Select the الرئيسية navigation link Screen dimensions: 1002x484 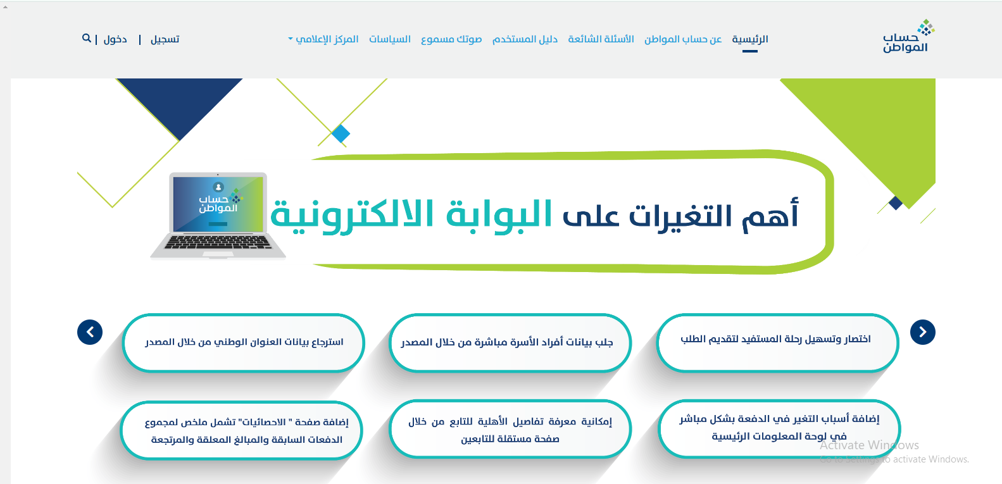[750, 39]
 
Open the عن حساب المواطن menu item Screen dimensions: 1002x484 [683, 39]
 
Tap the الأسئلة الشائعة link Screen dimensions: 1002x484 [601, 39]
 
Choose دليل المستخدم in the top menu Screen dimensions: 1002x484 [525, 39]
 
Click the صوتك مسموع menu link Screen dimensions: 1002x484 [451, 39]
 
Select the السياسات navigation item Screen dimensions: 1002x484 [390, 39]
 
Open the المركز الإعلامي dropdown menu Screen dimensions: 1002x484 [323, 39]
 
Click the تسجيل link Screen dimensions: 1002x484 [165, 39]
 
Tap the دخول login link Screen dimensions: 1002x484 [115, 39]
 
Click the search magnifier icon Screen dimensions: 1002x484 [86, 39]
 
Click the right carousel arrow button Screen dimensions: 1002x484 [922, 332]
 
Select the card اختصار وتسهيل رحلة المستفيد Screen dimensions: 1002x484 [777, 343]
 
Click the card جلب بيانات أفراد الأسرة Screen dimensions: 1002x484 [510, 343]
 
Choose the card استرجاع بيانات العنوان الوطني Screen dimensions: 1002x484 [243, 343]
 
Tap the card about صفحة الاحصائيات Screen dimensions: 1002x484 [242, 430]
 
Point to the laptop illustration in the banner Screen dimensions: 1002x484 [218, 215]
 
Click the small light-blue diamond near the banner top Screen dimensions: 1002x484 [341, 133]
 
